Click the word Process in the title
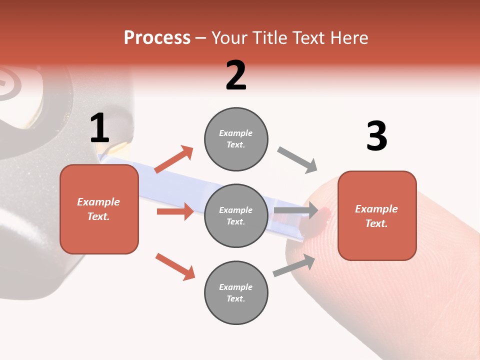[x=157, y=38]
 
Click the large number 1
[x=99, y=128]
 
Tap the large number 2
[x=236, y=75]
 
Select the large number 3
[x=376, y=136]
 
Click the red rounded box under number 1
[x=99, y=209]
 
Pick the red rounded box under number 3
[x=377, y=215]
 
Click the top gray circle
[x=236, y=139]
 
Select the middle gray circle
[x=236, y=215]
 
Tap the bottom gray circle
[x=236, y=292]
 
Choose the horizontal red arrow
[x=175, y=211]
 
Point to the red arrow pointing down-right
[x=175, y=266]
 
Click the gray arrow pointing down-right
[x=297, y=160]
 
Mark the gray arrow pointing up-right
[x=294, y=265]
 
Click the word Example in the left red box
[x=98, y=202]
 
